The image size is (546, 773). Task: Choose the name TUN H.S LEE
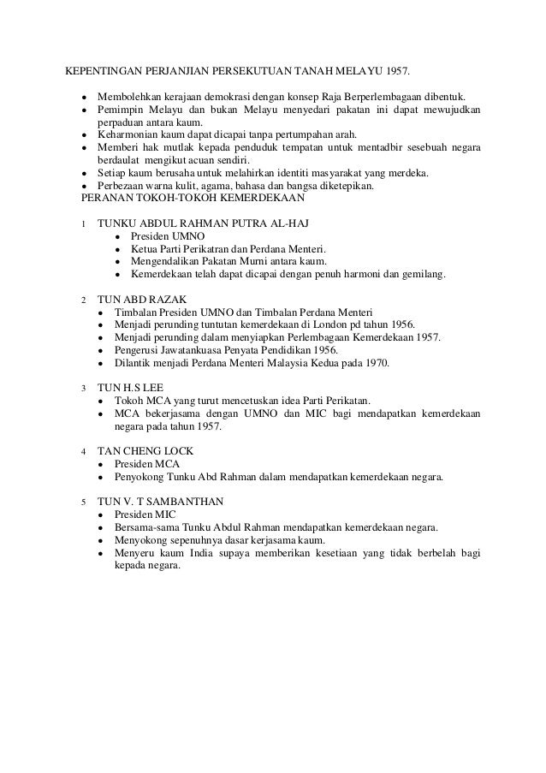130,387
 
